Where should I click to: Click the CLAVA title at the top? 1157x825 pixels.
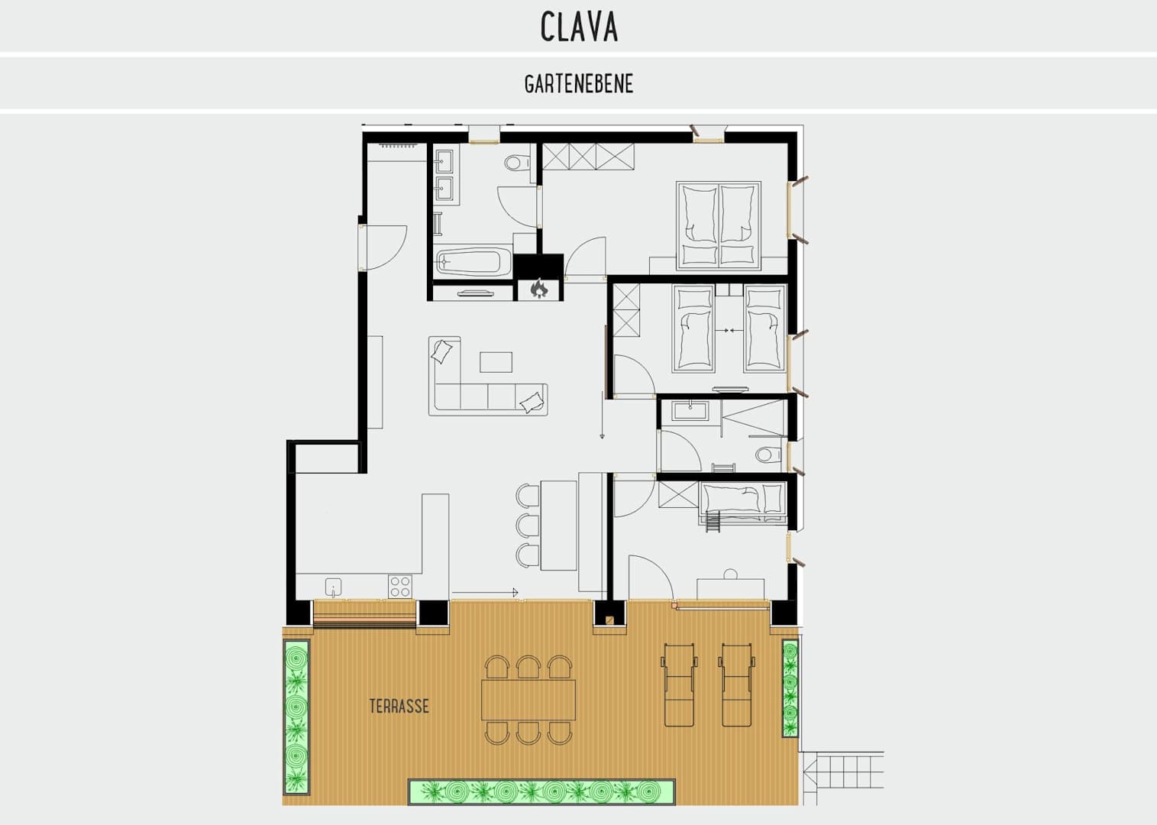[579, 26]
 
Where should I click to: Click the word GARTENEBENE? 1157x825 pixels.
[579, 84]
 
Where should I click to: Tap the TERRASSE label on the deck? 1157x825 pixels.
[399, 706]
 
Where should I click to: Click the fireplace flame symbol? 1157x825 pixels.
[538, 289]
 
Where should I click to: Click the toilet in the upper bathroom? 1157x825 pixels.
[516, 163]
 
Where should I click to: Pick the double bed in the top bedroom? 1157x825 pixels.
[719, 225]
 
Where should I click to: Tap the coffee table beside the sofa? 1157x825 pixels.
[496, 362]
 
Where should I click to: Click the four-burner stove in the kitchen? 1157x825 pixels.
[399, 587]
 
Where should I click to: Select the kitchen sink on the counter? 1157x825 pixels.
[333, 587]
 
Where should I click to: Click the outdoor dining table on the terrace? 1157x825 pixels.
[528, 700]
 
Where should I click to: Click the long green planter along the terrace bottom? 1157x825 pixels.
[541, 791]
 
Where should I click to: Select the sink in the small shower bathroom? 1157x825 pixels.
[690, 411]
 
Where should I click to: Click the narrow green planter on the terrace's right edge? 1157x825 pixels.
[790, 688]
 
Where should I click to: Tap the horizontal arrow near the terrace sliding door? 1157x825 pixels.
[485, 593]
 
